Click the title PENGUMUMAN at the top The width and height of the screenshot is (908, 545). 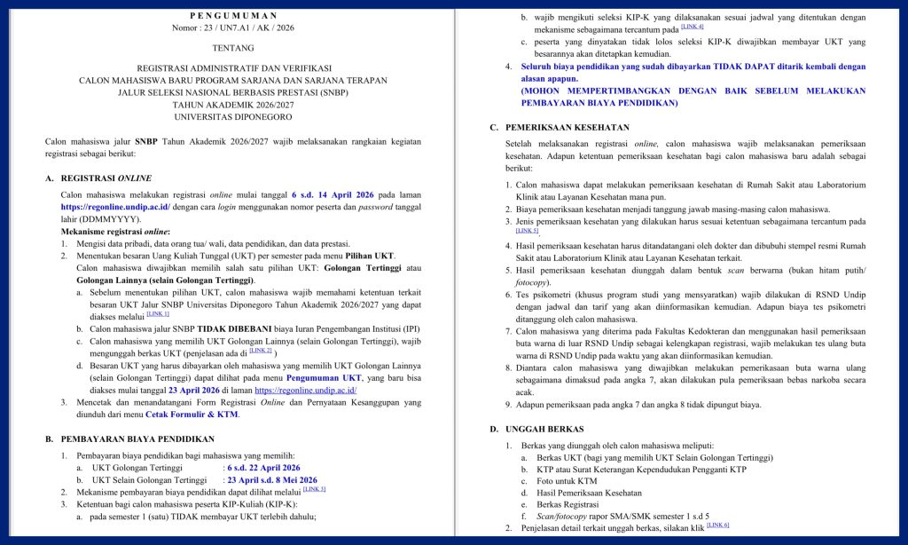[x=233, y=15]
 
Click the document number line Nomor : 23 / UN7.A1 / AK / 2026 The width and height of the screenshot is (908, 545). [x=233, y=28]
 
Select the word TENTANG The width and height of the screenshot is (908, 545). [x=233, y=48]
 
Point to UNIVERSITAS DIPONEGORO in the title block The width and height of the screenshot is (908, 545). [x=233, y=116]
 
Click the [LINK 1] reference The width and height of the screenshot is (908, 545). [x=158, y=313]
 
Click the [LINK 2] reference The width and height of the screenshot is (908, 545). [x=261, y=351]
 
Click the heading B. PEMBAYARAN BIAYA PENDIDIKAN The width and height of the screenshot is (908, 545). [x=129, y=438]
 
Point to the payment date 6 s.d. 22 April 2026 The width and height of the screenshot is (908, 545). [x=263, y=467]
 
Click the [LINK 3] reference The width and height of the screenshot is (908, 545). [x=314, y=489]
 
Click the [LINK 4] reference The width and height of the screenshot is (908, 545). [x=693, y=27]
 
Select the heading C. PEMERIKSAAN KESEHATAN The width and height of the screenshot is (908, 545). [x=560, y=127]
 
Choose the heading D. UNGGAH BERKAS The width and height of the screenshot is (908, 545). [x=533, y=429]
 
